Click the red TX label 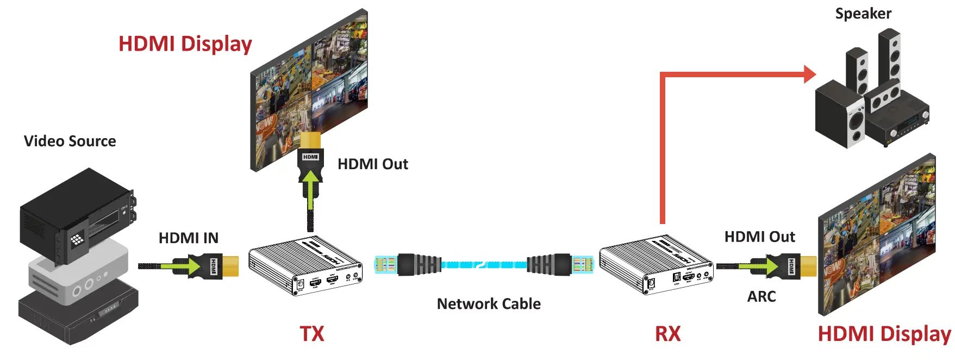click(311, 333)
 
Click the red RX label click(667, 333)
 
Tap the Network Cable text click(489, 303)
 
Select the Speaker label click(863, 14)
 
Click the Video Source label click(70, 141)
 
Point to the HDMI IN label click(188, 238)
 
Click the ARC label click(761, 296)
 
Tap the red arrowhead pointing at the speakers click(809, 74)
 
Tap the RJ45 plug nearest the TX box click(385, 265)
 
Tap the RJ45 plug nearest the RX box click(583, 265)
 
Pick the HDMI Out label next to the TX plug click(372, 164)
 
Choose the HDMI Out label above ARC click(759, 237)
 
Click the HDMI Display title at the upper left click(185, 44)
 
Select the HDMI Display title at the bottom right click(884, 333)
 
